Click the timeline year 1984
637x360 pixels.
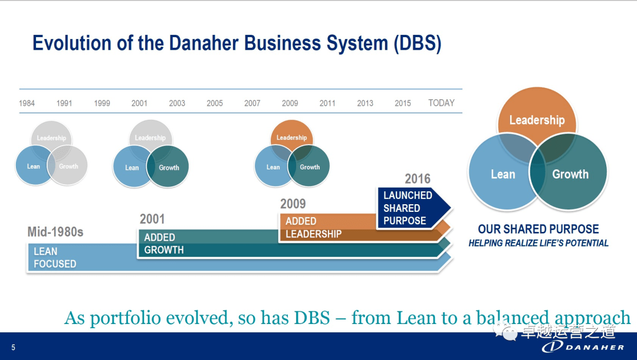[27, 103]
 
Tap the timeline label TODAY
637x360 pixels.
[441, 103]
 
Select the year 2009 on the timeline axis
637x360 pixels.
[290, 103]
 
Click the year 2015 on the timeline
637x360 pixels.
[403, 103]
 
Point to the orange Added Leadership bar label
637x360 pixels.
[314, 227]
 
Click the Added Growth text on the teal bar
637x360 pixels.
[164, 244]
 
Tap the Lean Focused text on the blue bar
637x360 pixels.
[55, 257]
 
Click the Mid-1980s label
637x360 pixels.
[55, 232]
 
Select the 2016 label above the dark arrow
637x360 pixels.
[418, 179]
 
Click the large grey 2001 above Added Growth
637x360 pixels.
[152, 219]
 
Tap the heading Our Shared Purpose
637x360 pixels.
[538, 229]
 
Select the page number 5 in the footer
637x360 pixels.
[14, 348]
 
